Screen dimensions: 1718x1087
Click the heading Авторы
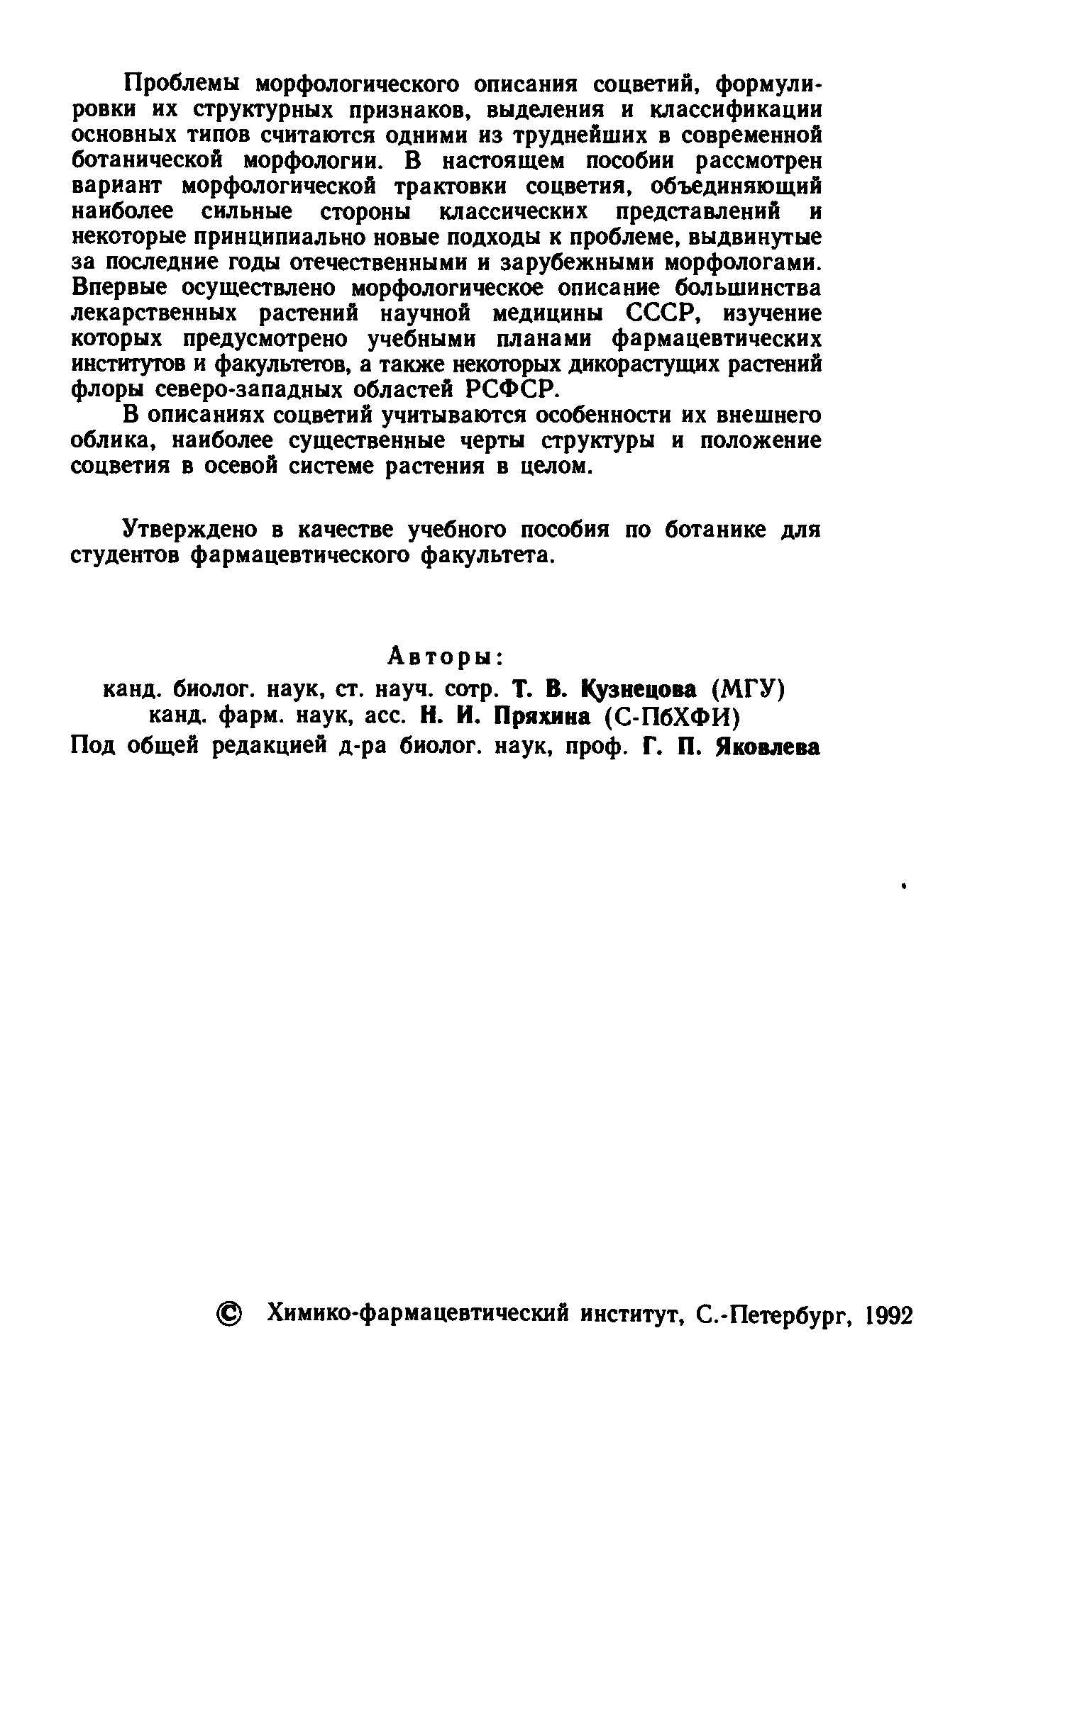coord(446,656)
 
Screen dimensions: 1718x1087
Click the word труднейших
coord(561,135)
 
